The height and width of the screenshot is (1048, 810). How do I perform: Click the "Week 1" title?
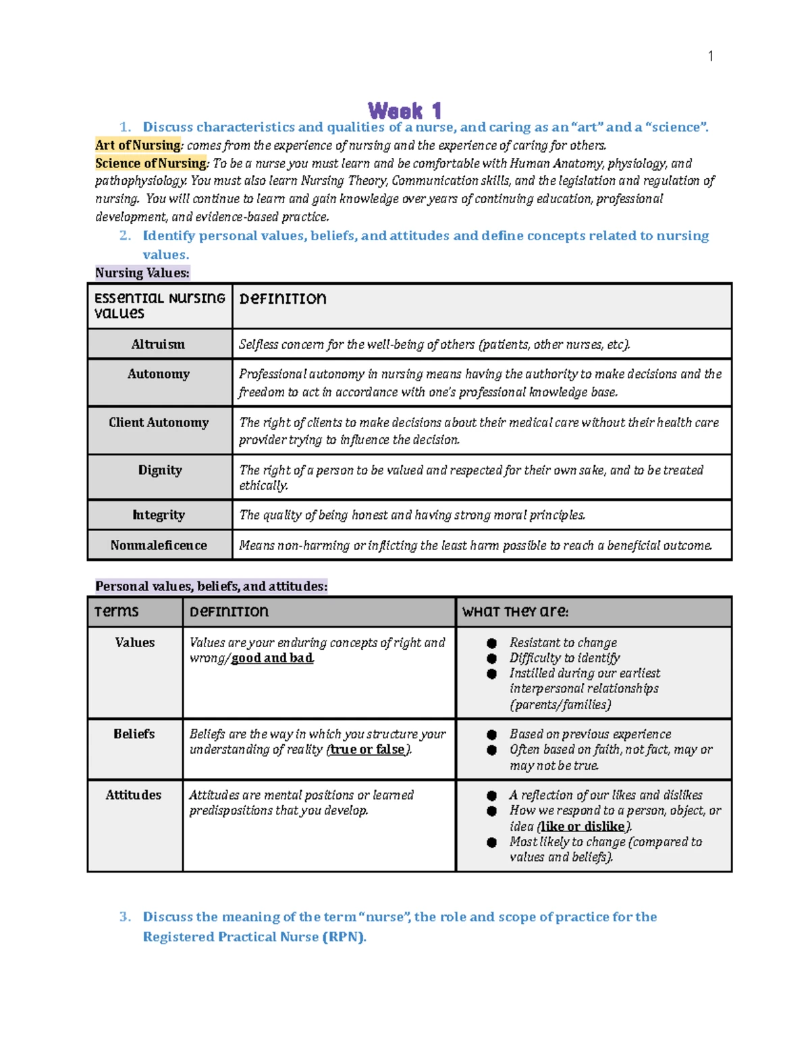pyautogui.click(x=405, y=110)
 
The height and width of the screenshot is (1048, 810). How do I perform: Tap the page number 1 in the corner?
pyautogui.click(x=710, y=56)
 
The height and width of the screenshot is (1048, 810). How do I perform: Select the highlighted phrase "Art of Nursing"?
pyautogui.click(x=138, y=145)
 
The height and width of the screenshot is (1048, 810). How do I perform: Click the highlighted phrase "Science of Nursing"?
pyautogui.click(x=151, y=163)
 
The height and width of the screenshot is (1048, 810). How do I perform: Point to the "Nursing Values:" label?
pyautogui.click(x=142, y=273)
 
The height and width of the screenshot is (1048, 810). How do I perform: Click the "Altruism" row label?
pyautogui.click(x=158, y=344)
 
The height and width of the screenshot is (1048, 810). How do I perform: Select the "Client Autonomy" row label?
pyautogui.click(x=159, y=422)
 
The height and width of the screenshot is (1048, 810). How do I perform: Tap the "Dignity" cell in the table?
pyautogui.click(x=160, y=470)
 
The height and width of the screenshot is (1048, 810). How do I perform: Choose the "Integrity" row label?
pyautogui.click(x=159, y=515)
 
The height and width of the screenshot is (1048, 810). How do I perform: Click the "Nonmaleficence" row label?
pyautogui.click(x=159, y=545)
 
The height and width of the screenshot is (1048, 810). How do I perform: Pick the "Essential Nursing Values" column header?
pyautogui.click(x=159, y=305)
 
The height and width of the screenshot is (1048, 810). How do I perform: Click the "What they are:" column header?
pyautogui.click(x=515, y=611)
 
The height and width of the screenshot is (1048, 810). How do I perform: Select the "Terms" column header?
pyautogui.click(x=116, y=611)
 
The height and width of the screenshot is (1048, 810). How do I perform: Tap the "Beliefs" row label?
pyautogui.click(x=134, y=734)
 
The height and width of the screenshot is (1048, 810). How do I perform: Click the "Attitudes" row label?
pyautogui.click(x=134, y=795)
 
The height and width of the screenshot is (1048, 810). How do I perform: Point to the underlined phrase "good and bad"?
pyautogui.click(x=272, y=658)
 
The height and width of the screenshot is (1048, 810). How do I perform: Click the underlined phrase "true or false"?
pyautogui.click(x=367, y=749)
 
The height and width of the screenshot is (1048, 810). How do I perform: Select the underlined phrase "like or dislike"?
pyautogui.click(x=583, y=826)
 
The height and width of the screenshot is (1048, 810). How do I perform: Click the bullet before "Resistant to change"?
pyautogui.click(x=492, y=643)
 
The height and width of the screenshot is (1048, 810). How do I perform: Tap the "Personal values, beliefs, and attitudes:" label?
pyautogui.click(x=211, y=586)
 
